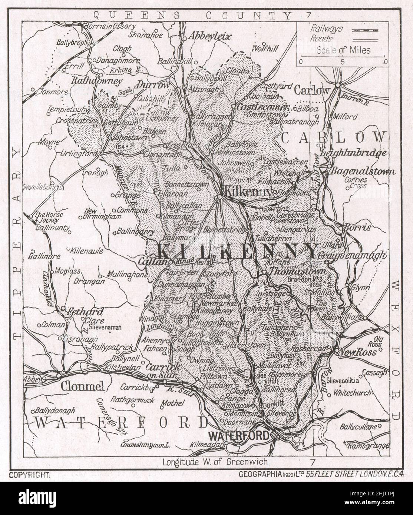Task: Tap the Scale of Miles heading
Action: pyautogui.click(x=343, y=50)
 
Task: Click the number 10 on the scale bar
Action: pyautogui.click(x=384, y=62)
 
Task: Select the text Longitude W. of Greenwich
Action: pyautogui.click(x=215, y=462)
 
